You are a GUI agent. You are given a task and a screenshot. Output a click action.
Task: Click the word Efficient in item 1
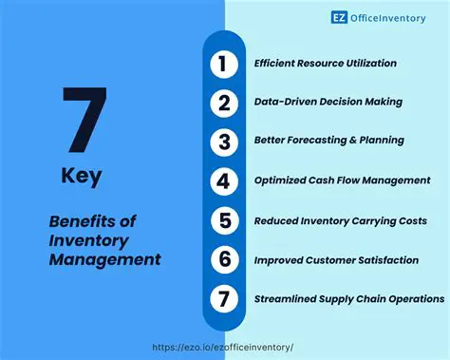[274, 64]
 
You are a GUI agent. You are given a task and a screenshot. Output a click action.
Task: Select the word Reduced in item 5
[275, 220]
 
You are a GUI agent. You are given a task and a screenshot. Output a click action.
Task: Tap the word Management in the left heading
[104, 258]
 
